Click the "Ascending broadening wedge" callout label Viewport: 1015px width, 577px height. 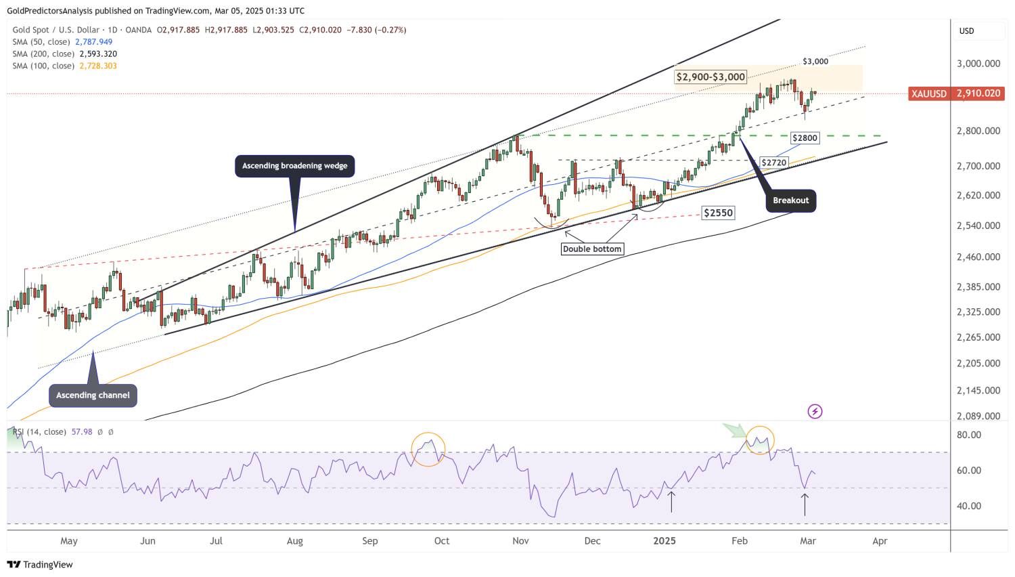click(x=294, y=166)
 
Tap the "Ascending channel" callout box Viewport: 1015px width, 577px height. click(x=93, y=396)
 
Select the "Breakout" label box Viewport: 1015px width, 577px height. click(x=790, y=200)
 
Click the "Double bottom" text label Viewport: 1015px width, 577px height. click(x=592, y=249)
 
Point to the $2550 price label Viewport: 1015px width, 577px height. click(x=718, y=213)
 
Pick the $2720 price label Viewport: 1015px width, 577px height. click(x=773, y=163)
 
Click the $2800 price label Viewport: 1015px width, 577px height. click(x=805, y=138)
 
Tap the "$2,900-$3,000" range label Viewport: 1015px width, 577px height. click(x=710, y=77)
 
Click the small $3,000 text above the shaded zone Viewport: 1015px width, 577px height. click(x=815, y=62)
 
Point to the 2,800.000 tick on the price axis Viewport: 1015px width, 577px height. click(x=978, y=131)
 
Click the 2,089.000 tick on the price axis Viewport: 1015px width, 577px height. click(x=978, y=416)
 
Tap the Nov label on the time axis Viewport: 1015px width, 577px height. click(x=520, y=541)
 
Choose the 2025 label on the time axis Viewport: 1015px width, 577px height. click(x=664, y=541)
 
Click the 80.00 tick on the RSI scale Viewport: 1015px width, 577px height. click(x=970, y=435)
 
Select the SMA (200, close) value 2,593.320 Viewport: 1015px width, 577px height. click(x=98, y=54)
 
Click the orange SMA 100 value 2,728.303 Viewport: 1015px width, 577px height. click(x=98, y=66)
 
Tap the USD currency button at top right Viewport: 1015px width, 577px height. click(x=966, y=31)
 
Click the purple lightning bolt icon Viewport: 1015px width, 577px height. click(x=815, y=411)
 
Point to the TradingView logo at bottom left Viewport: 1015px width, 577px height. click(x=40, y=565)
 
